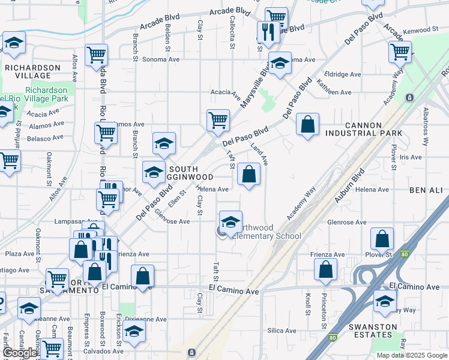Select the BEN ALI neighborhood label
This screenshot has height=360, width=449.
point(426,190)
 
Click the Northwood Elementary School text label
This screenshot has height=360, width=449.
point(264,232)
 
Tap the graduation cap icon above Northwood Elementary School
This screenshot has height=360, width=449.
point(231,222)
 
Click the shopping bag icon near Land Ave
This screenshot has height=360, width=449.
point(249,175)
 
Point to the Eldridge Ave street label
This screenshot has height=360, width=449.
point(342,74)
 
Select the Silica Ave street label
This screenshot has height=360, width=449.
point(282,331)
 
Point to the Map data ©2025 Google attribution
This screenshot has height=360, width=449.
point(411,355)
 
